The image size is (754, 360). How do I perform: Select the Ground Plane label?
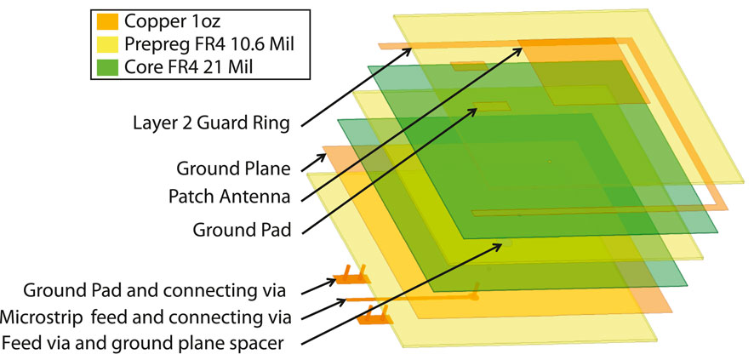click(234, 167)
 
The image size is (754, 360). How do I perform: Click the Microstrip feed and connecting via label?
click(146, 317)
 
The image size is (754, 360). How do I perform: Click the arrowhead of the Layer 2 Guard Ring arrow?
click(409, 50)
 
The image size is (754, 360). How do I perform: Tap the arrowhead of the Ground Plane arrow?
click(520, 48)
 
